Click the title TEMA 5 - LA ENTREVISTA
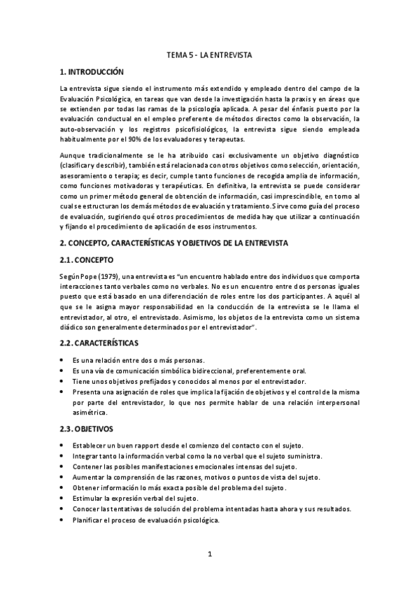(210, 54)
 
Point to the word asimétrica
(88, 413)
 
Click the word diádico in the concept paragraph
(73, 327)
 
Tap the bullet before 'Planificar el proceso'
(63, 520)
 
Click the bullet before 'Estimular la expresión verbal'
(63, 499)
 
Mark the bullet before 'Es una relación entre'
(63, 359)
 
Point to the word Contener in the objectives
(87, 466)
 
